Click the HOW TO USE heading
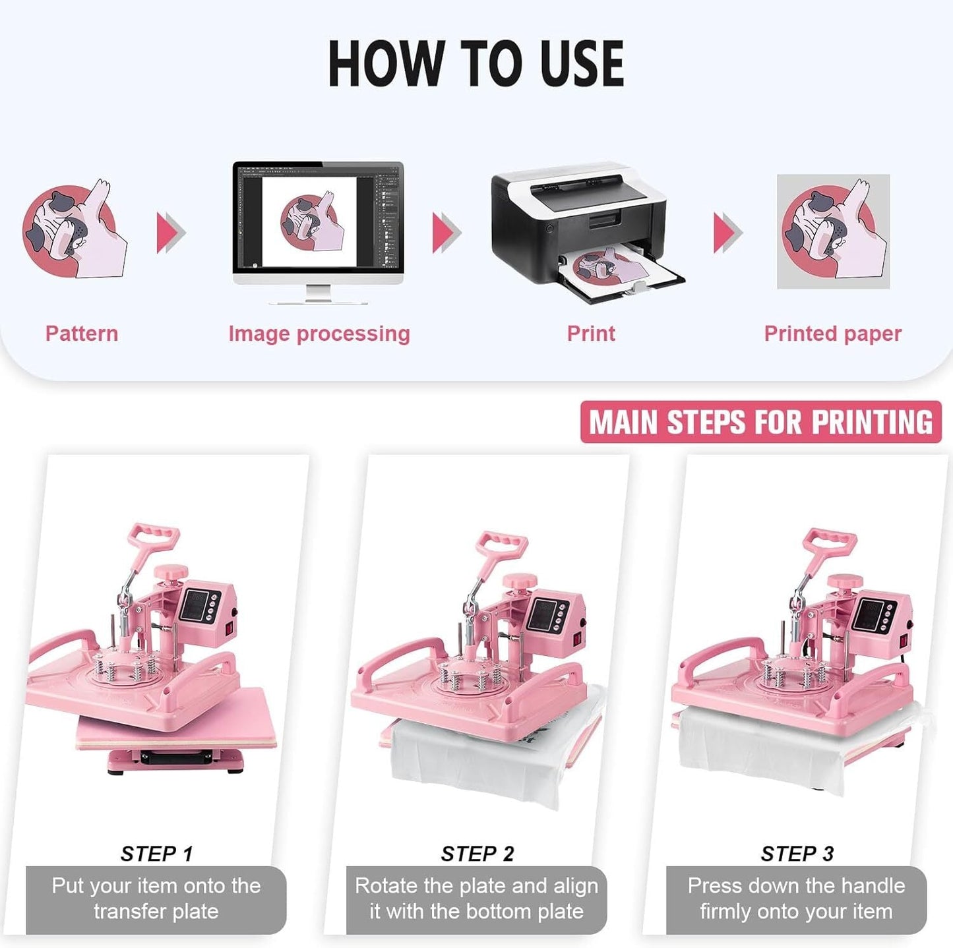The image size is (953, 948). tap(476, 63)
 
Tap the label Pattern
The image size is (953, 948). tap(82, 334)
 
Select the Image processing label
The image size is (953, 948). tap(319, 334)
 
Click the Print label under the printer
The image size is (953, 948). tap(591, 334)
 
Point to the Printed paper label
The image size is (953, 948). tap(832, 334)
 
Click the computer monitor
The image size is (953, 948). tap(318, 224)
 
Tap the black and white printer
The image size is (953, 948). tap(580, 224)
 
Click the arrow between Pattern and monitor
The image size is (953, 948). tap(171, 233)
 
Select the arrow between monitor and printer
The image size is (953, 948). tap(446, 233)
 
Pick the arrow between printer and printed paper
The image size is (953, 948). tap(727, 233)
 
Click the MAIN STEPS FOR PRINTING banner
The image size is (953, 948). tap(760, 422)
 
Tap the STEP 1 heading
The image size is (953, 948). tap(156, 854)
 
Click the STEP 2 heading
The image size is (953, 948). tap(477, 854)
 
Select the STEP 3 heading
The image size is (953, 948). tap(797, 854)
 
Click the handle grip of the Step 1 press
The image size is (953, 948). tap(154, 534)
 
